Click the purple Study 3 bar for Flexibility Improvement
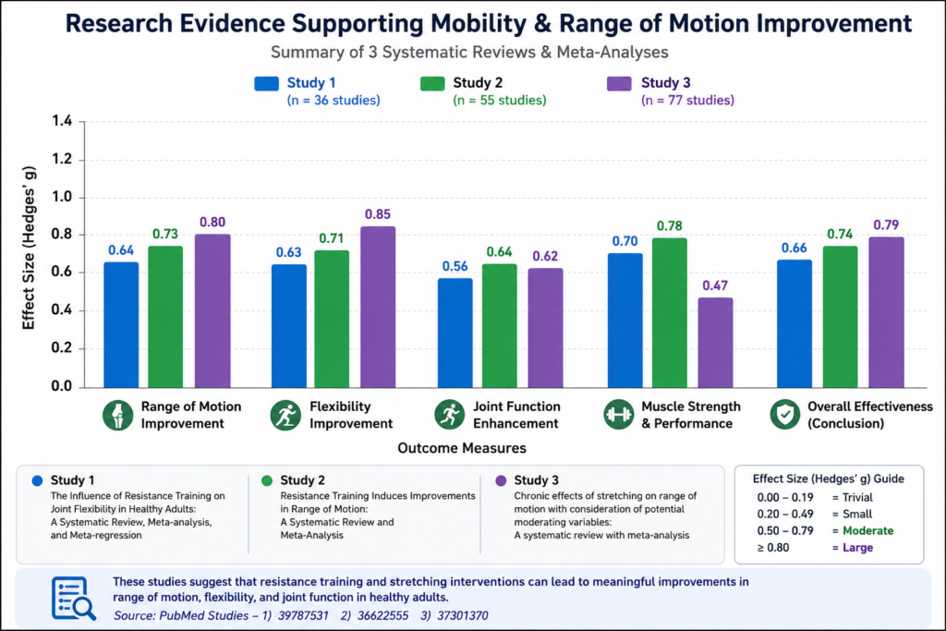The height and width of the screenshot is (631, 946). point(378,307)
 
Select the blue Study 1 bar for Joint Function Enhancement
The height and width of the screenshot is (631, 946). point(455,333)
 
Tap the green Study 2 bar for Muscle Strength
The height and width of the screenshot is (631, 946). point(670,312)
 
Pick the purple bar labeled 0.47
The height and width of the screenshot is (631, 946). point(716,343)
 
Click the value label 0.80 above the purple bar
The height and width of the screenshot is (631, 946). point(212,222)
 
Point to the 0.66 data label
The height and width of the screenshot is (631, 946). point(794,248)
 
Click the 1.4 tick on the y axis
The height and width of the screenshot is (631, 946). point(62,121)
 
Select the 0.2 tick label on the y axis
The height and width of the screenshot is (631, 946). point(62,348)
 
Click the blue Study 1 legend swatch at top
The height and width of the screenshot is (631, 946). point(267,83)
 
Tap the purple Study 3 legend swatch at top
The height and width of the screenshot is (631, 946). point(619,83)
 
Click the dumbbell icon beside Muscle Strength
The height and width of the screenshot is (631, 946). point(618,415)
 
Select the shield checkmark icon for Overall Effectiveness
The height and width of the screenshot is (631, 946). point(785,415)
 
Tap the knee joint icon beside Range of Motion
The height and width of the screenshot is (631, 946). point(117,415)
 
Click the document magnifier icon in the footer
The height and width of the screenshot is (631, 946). point(73,599)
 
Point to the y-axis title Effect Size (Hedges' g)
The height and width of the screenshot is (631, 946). point(29,248)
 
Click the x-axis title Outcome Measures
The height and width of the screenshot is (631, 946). point(462,448)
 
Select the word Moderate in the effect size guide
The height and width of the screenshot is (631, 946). point(867,531)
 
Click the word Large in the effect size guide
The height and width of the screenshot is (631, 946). point(857,548)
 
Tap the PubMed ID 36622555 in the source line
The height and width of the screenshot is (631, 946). point(382,616)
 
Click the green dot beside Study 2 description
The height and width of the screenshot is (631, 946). point(267,480)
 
